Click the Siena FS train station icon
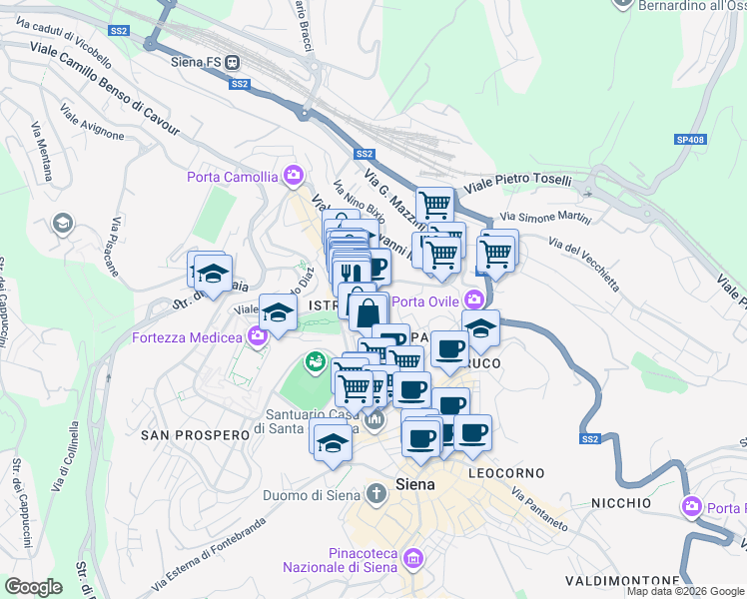click(232, 61)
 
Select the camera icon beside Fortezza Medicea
click(258, 336)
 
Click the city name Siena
click(415, 484)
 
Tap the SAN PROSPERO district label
click(194, 435)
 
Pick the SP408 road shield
click(688, 140)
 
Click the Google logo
click(33, 587)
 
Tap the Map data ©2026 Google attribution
click(685, 591)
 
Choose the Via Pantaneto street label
click(539, 509)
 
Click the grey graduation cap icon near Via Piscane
click(63, 223)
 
